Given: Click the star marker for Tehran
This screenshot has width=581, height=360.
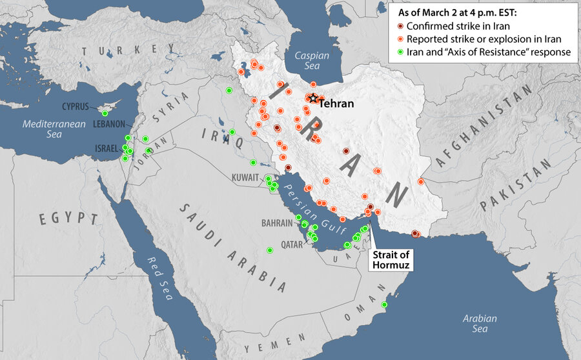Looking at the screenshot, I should pyautogui.click(x=313, y=98).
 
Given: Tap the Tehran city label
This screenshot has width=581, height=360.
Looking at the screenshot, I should pyautogui.click(x=336, y=103).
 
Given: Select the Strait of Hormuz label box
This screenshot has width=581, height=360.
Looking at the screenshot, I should pyautogui.click(x=391, y=259).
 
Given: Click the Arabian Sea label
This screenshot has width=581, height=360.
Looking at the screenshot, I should pyautogui.click(x=479, y=324).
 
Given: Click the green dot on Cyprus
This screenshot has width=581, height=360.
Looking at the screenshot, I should pyautogui.click(x=105, y=114).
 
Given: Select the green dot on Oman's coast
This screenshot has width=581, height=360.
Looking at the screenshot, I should pyautogui.click(x=383, y=305).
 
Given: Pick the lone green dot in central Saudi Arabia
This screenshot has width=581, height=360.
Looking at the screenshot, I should pyautogui.click(x=270, y=250).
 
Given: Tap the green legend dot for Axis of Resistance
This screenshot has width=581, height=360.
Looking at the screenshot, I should pyautogui.click(x=400, y=52).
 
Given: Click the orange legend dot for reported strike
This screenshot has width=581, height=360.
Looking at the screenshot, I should pyautogui.click(x=400, y=39).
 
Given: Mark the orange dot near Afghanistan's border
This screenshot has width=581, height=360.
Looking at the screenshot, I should pyautogui.click(x=421, y=181).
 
